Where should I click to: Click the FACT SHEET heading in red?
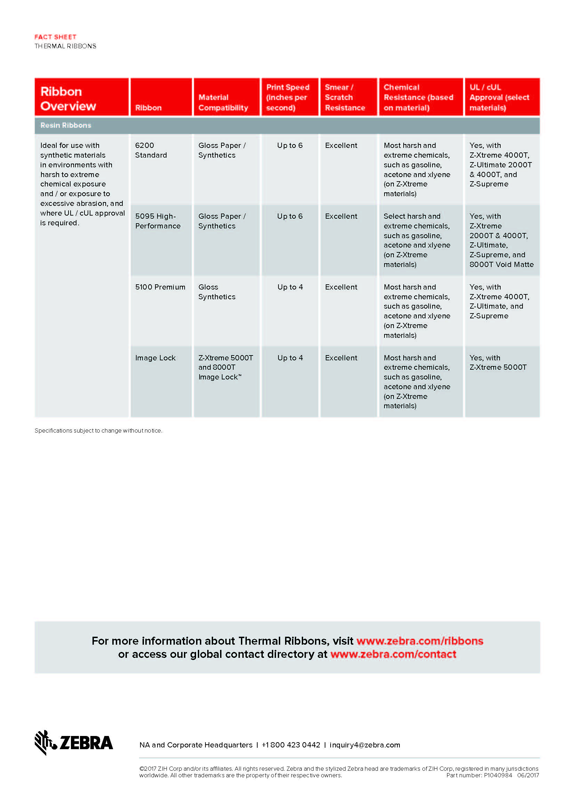55,37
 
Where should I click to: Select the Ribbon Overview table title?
68,99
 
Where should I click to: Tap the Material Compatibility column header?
223,102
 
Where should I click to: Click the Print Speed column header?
287,97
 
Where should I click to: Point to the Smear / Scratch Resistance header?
345,97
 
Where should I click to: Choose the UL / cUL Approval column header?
499,97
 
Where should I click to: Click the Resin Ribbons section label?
66,125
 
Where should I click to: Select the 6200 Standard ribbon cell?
151,150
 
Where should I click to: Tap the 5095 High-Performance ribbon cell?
157,221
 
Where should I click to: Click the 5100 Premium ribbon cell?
160,287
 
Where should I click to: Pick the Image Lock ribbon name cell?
155,358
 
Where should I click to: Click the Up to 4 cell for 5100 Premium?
290,287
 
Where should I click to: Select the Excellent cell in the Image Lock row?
341,358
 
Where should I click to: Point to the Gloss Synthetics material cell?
217,292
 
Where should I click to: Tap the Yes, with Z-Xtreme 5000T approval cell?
498,362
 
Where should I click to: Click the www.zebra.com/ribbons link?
420,641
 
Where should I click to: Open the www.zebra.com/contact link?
393,654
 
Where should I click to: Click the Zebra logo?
74,742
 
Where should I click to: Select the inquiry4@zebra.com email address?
365,745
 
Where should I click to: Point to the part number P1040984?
497,775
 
